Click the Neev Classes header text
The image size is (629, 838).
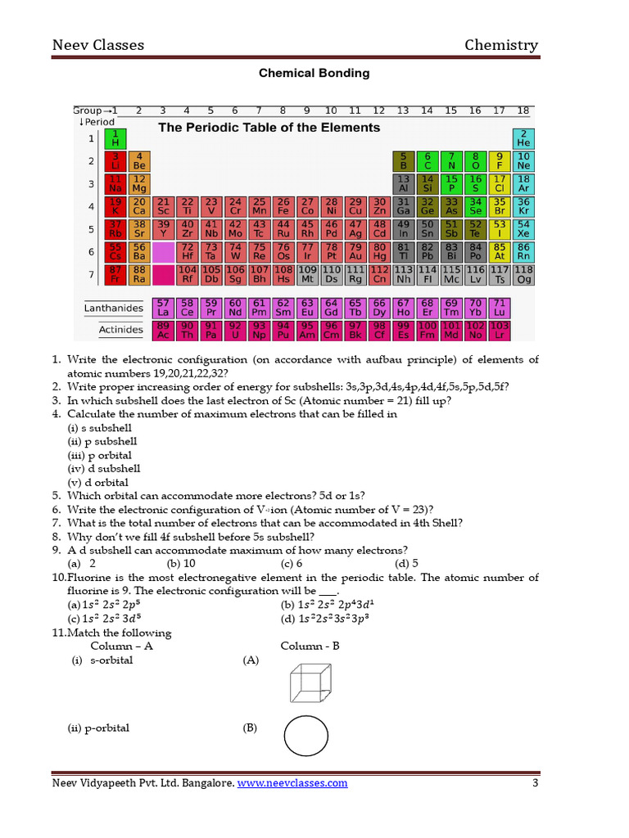click(97, 45)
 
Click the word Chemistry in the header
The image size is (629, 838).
click(501, 45)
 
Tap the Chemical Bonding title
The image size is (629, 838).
click(314, 73)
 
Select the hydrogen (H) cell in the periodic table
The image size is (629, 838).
click(115, 137)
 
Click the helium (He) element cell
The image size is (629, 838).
click(523, 137)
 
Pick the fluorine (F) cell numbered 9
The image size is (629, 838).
click(499, 160)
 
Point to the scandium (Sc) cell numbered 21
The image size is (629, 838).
click(163, 206)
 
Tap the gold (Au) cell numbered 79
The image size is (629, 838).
click(355, 252)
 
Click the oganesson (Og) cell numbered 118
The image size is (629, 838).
click(523, 274)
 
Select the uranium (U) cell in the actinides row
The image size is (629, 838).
click(235, 330)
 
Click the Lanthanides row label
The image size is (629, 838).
click(113, 309)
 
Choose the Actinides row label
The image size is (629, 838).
click(120, 331)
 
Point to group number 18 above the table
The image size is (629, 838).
click(523, 110)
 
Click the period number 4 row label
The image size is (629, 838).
click(91, 207)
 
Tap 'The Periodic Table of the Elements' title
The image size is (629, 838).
click(269, 128)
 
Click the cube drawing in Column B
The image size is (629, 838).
click(308, 681)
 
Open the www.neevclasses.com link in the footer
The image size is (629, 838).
click(292, 783)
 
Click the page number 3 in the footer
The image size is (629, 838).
click(535, 783)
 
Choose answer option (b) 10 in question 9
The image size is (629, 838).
click(181, 563)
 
